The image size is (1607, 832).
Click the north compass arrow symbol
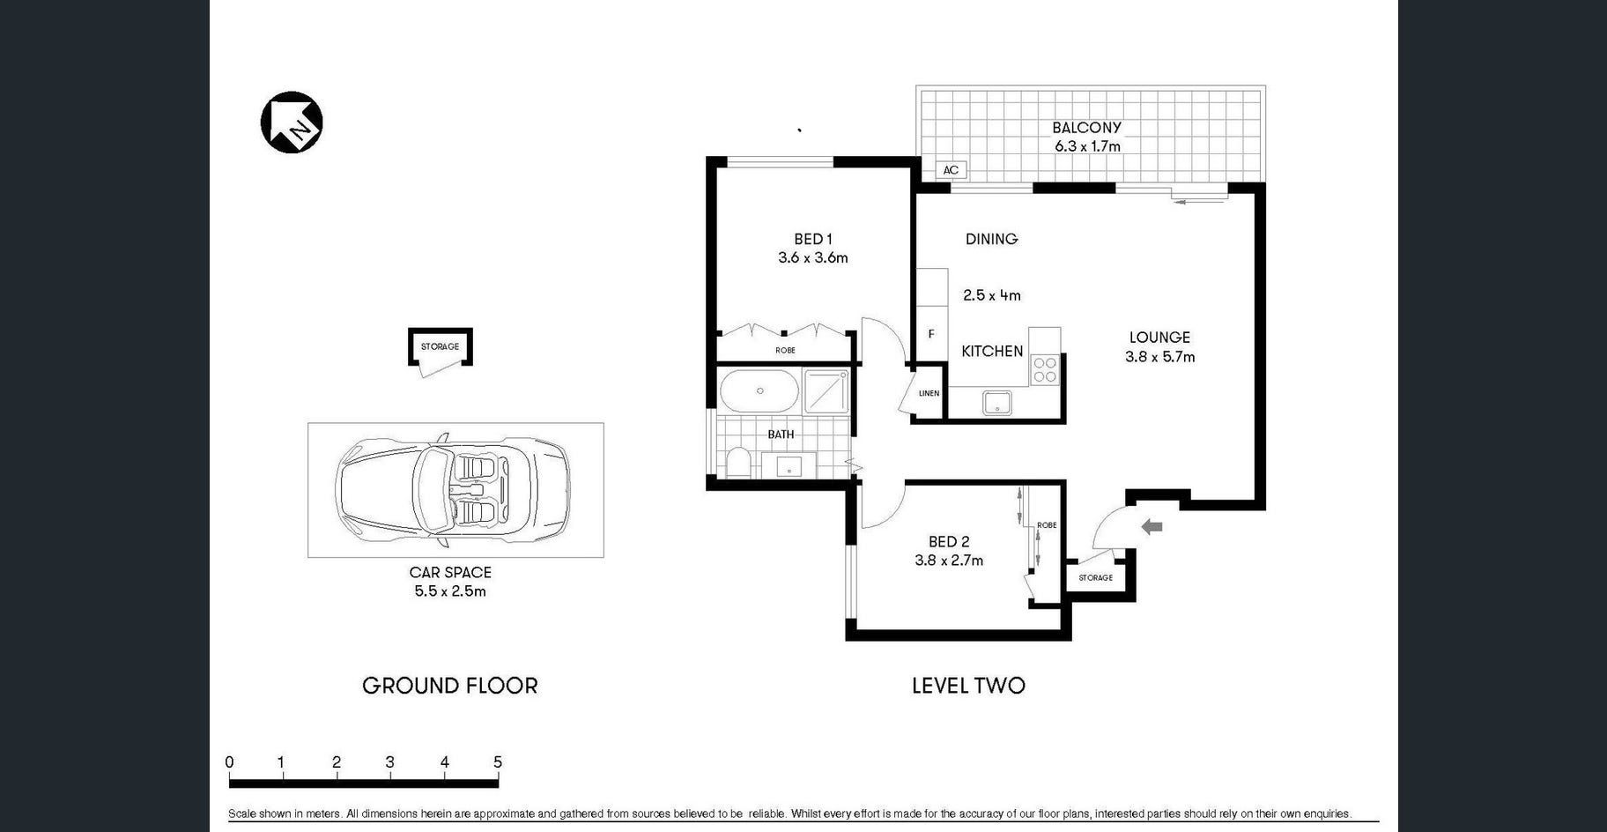click(x=292, y=122)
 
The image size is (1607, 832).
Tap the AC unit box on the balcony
click(x=951, y=170)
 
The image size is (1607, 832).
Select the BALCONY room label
click(x=1086, y=128)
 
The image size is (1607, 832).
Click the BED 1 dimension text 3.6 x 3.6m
click(x=812, y=258)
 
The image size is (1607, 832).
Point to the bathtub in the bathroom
click(x=759, y=390)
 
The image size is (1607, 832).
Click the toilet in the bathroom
click(x=737, y=462)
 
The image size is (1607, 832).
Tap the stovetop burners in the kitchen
click(x=1045, y=369)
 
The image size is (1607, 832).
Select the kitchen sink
click(x=997, y=403)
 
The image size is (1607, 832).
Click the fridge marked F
click(x=931, y=334)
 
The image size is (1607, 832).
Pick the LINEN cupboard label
click(x=929, y=393)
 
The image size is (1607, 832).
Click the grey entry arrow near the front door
click(x=1152, y=527)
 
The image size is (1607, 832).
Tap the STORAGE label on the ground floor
click(x=440, y=346)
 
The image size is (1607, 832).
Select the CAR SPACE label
click(x=450, y=573)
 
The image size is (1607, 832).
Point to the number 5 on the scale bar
click(x=498, y=762)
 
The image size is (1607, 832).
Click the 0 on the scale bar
click(x=229, y=762)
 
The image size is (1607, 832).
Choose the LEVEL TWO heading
click(x=968, y=686)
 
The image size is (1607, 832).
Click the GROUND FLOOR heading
click(x=450, y=686)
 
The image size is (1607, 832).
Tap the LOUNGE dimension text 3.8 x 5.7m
click(x=1159, y=357)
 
